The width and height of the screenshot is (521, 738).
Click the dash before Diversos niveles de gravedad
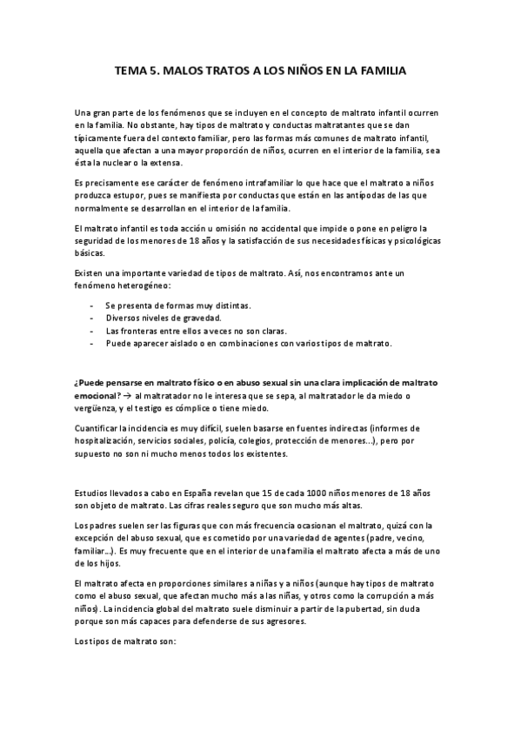92,319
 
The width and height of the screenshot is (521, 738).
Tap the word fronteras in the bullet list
138,331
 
